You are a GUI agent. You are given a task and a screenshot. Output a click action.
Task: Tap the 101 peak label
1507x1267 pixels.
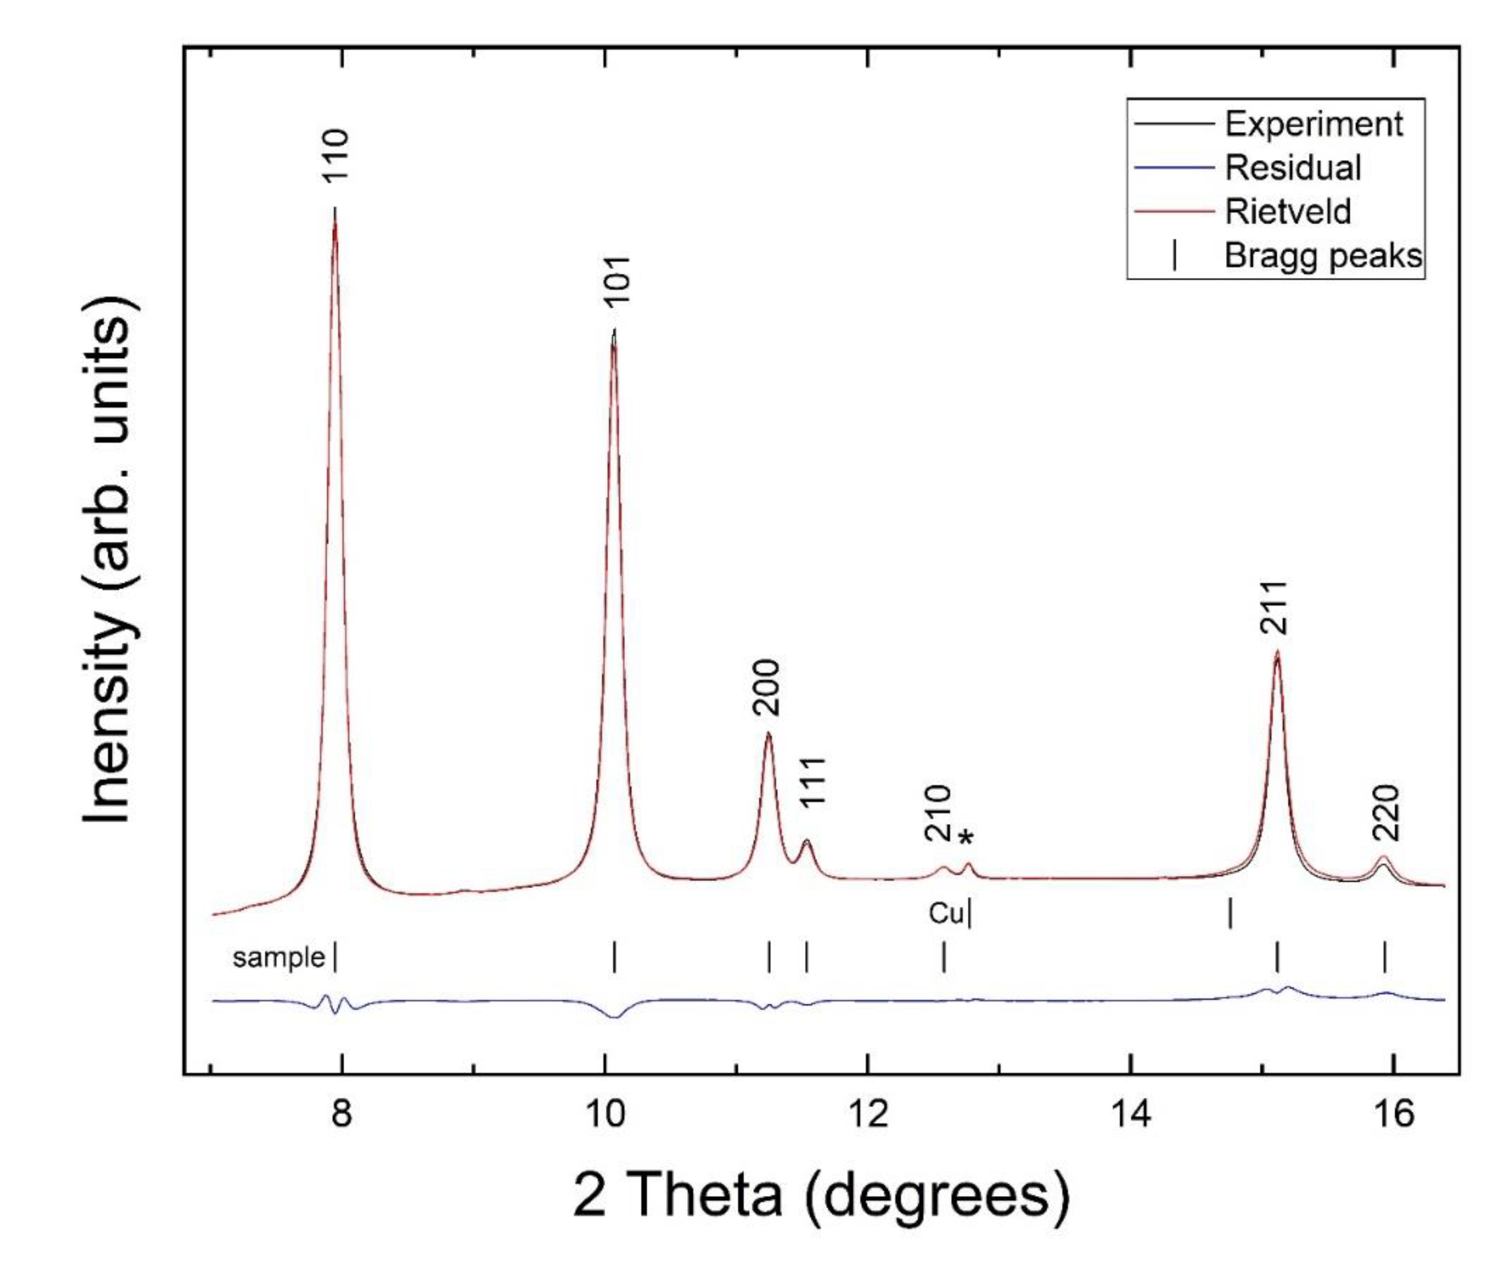pyautogui.click(x=616, y=281)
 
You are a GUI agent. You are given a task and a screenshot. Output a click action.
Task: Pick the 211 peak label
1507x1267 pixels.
pyautogui.click(x=1274, y=608)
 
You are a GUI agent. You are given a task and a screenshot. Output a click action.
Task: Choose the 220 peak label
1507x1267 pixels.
pyautogui.click(x=1386, y=813)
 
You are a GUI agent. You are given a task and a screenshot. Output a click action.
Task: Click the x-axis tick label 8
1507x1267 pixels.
pyautogui.click(x=342, y=1114)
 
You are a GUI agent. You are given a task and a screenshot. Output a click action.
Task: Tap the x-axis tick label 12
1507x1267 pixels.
pyautogui.click(x=867, y=1114)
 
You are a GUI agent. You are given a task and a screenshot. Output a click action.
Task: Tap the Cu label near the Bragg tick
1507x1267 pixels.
pyautogui.click(x=945, y=913)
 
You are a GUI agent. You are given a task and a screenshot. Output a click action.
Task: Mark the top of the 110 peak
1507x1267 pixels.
pyautogui.click(x=335, y=210)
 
